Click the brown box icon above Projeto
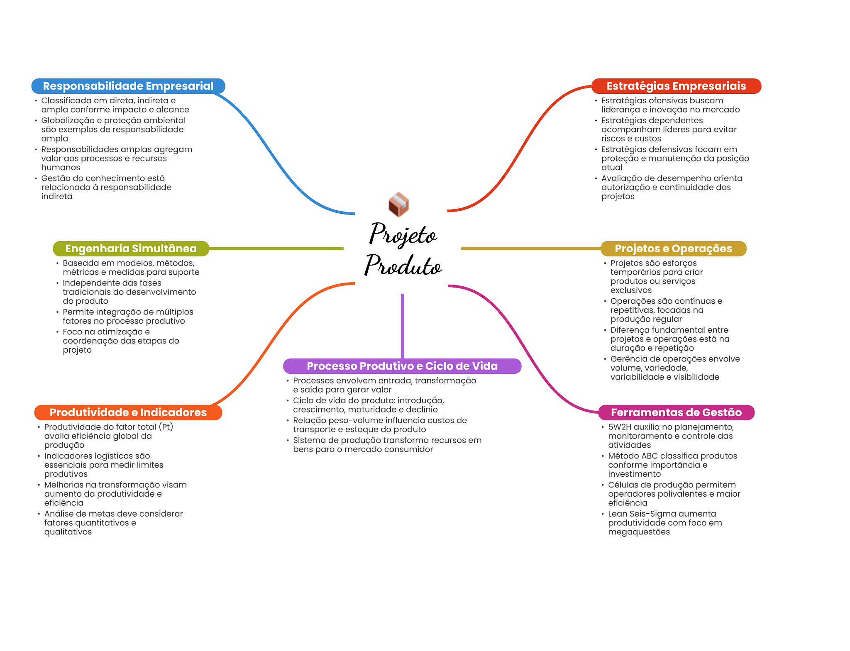398,204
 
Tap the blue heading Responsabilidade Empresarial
128,86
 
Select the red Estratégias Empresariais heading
676,86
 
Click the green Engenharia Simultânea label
131,249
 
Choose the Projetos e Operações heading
673,249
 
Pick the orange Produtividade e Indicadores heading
128,412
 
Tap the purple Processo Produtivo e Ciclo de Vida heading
402,366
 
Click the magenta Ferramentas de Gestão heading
676,412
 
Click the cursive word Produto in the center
403,266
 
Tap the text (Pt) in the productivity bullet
166,427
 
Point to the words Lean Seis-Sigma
642,514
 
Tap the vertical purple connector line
402,326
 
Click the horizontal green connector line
276,249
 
